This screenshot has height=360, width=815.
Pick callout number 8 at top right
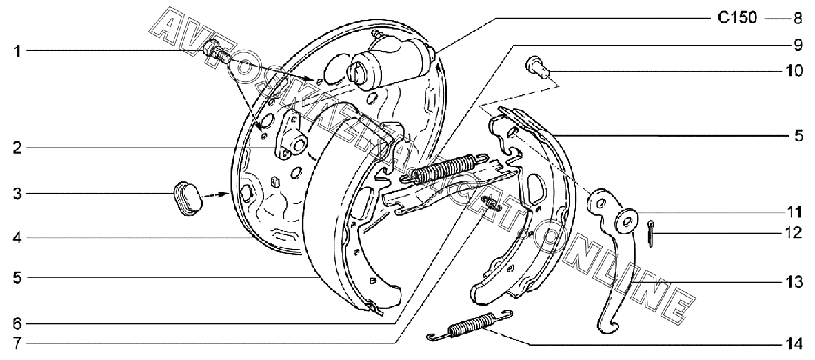[797, 18]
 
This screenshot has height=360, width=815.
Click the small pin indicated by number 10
[535, 66]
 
